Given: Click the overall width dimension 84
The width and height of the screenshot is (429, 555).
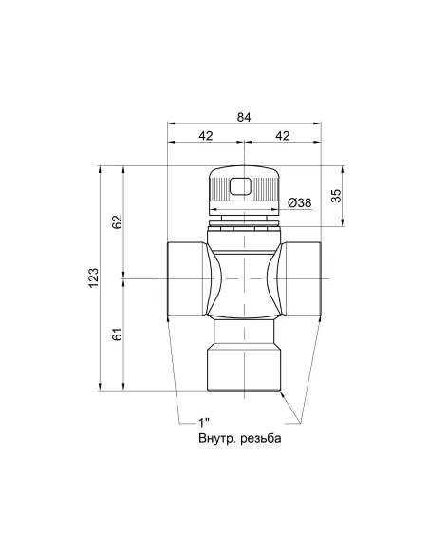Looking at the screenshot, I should point(244,116).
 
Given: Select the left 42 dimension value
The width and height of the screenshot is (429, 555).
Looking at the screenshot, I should point(206,136).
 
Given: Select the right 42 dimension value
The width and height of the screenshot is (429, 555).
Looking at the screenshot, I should point(282,136).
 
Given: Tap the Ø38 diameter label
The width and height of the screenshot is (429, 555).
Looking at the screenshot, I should point(299,202).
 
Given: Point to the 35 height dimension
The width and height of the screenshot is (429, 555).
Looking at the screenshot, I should point(335,196).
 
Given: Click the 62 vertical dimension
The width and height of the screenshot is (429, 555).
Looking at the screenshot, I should point(117,222).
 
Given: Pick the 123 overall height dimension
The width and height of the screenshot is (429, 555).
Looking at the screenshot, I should point(93,277).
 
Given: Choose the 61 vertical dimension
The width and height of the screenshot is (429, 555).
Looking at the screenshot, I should point(117,335).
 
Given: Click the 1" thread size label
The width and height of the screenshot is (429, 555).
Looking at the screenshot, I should point(203,422).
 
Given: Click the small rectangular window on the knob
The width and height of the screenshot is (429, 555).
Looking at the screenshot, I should point(244,185).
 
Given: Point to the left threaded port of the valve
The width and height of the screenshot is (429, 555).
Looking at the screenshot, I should point(182,278).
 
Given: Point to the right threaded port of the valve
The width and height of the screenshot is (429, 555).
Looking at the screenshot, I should point(305,278).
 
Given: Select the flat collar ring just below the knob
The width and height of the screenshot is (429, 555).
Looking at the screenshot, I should point(244,225).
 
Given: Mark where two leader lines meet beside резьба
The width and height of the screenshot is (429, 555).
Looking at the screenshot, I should point(296,424).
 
